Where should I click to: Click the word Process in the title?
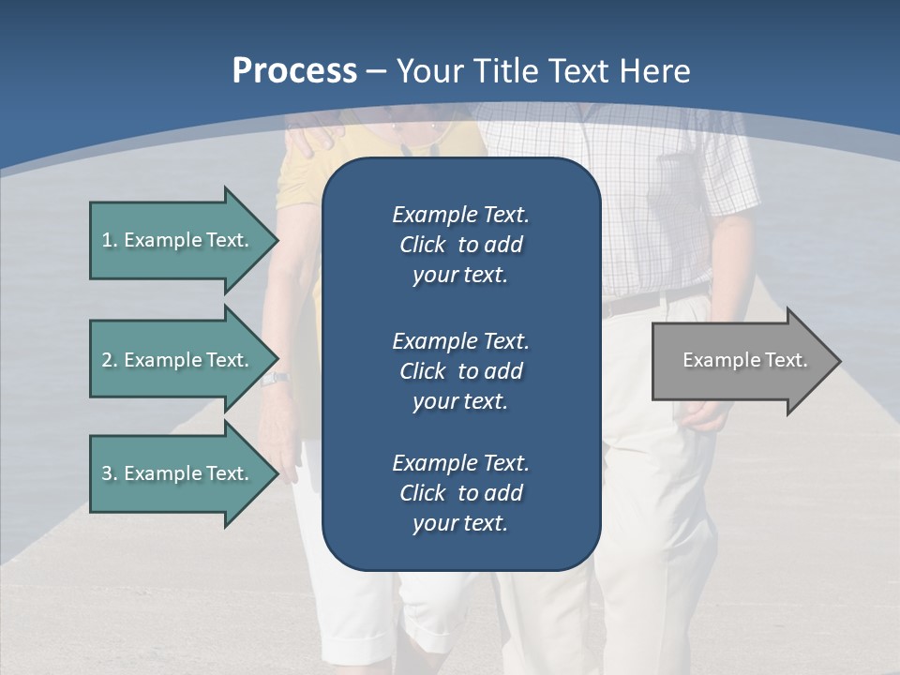click(294, 71)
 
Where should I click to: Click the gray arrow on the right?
click(741, 361)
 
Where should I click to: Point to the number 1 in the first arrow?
click(107, 240)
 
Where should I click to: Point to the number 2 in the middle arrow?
click(107, 360)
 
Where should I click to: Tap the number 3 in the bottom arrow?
click(107, 473)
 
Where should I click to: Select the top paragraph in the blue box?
click(460, 245)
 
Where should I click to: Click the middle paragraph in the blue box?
click(460, 370)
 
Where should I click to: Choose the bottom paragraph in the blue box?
click(460, 493)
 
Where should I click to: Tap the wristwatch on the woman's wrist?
click(274, 379)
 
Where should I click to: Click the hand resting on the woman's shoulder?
click(314, 136)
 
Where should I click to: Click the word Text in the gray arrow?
click(786, 360)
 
